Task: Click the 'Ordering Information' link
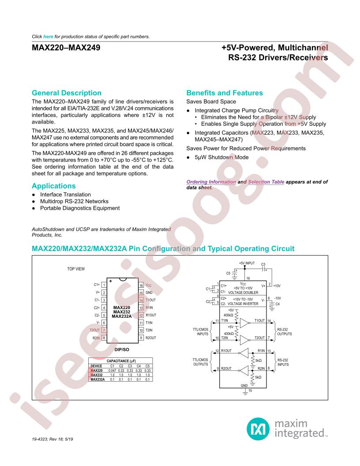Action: click(x=205, y=182)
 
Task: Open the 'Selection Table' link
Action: click(x=266, y=182)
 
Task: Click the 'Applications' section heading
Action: click(x=54, y=186)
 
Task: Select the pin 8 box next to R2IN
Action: click(x=103, y=338)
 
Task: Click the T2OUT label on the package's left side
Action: click(x=94, y=330)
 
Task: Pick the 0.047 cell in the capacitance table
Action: click(x=112, y=370)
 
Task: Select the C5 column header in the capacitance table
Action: click(x=148, y=366)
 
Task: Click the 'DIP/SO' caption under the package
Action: click(x=122, y=349)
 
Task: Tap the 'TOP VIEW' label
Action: click(x=76, y=269)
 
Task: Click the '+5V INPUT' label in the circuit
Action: click(x=247, y=263)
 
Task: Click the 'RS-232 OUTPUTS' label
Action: click(x=284, y=331)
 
